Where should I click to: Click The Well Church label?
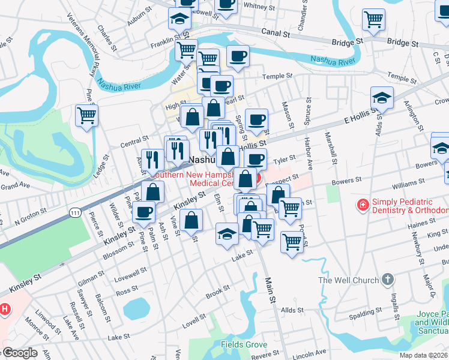[x=348, y=280]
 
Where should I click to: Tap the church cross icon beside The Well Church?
[x=388, y=279]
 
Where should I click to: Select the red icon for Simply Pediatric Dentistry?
[x=363, y=206]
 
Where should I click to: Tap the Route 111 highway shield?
[x=75, y=212]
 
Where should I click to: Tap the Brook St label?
[x=217, y=292]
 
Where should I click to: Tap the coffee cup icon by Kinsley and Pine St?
[x=143, y=212]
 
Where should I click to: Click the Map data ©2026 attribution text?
[x=423, y=355]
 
